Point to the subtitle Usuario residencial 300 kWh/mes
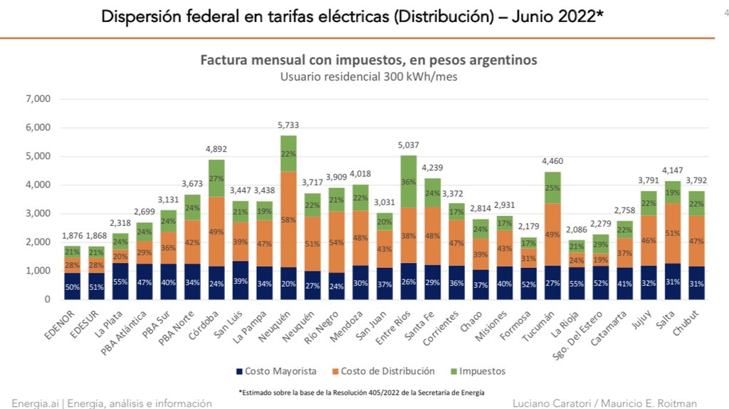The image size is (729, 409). [x=368, y=77]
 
